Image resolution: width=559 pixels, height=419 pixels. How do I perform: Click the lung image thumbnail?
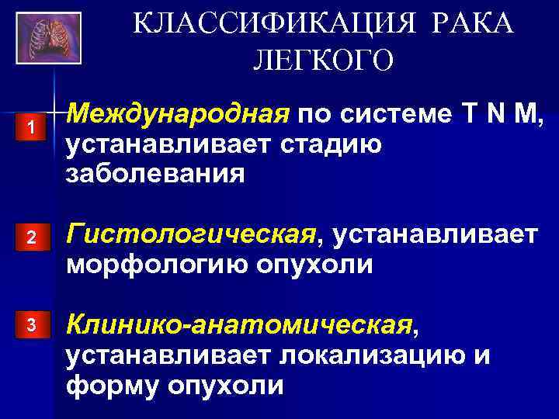point(47,36)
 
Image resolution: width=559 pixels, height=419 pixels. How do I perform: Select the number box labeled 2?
point(31,241)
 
